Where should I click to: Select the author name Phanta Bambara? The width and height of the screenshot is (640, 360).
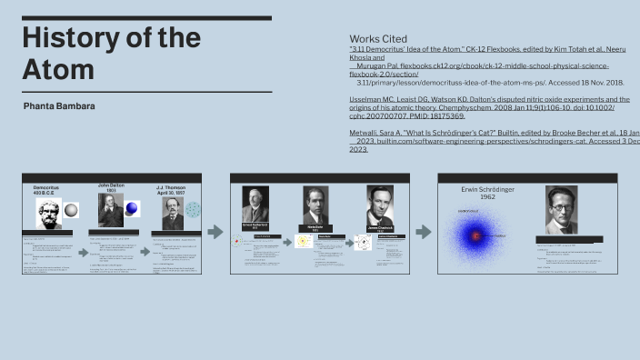click(60, 106)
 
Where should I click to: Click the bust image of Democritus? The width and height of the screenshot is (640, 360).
click(48, 214)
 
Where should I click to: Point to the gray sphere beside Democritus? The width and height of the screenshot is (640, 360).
click(72, 210)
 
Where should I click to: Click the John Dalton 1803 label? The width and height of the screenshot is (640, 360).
click(110, 188)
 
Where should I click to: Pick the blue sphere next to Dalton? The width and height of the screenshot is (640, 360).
click(132, 209)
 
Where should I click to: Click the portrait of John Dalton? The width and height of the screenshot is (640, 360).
click(110, 210)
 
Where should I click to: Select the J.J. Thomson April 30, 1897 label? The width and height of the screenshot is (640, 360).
click(172, 188)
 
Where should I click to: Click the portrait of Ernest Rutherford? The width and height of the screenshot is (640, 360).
click(255, 205)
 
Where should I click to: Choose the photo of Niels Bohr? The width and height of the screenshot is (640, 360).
click(315, 206)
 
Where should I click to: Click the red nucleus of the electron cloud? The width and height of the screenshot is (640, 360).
click(475, 235)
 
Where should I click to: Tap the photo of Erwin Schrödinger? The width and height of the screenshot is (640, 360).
click(561, 210)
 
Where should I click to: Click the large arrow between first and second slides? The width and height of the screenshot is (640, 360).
click(215, 232)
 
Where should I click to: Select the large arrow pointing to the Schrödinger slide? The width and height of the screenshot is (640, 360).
click(423, 232)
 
